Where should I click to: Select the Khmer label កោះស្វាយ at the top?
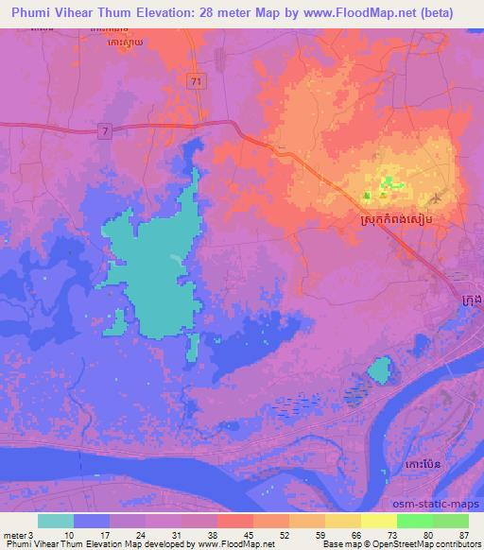coord(127,42)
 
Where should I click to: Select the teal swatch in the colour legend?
coord(55,520)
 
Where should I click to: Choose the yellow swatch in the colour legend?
coord(378,520)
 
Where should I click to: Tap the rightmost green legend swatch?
coord(451,520)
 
